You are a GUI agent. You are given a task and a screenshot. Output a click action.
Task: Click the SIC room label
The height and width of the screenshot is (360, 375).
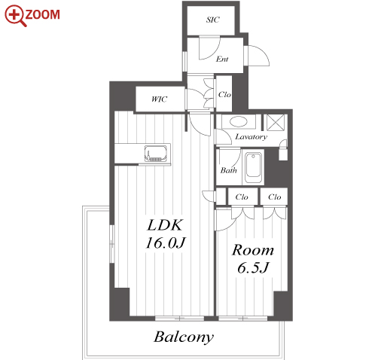tap(212, 20)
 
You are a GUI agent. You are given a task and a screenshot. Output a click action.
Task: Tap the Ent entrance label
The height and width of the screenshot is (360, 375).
tap(222, 59)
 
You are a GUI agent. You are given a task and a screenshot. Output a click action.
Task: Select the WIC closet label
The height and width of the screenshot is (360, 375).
tap(159, 99)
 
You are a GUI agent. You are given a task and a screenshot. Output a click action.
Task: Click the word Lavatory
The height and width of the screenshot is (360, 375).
tap(251, 137)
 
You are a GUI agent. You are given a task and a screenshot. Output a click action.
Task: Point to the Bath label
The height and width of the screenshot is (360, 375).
tap(228, 170)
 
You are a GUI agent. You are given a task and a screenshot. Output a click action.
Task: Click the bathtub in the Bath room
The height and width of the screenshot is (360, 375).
tap(253, 167)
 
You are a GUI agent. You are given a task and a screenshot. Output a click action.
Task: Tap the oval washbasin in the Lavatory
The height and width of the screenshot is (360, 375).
tap(239, 122)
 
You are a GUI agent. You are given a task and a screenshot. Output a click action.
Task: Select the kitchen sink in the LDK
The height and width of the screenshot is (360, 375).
tap(156, 154)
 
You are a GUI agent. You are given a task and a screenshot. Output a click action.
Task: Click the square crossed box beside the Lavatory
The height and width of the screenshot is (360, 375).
tap(276, 123)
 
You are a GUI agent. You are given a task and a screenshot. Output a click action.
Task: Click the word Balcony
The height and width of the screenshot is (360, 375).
tap(184, 337)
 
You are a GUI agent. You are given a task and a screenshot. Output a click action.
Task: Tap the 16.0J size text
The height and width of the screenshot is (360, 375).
tap(165, 243)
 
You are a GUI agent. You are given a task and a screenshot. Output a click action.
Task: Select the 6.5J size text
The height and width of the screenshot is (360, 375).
tap(253, 267)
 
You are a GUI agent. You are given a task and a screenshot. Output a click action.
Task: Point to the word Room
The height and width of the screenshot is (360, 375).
tap(252, 250)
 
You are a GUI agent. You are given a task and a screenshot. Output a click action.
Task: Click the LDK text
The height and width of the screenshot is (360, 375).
tap(165, 225)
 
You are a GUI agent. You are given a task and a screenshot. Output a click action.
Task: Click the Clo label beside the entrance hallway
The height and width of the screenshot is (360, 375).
tap(224, 95)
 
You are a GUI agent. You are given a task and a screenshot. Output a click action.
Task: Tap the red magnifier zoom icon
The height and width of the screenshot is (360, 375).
tap(15, 16)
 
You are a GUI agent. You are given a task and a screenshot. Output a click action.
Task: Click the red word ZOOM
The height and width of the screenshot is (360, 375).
tap(43, 14)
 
